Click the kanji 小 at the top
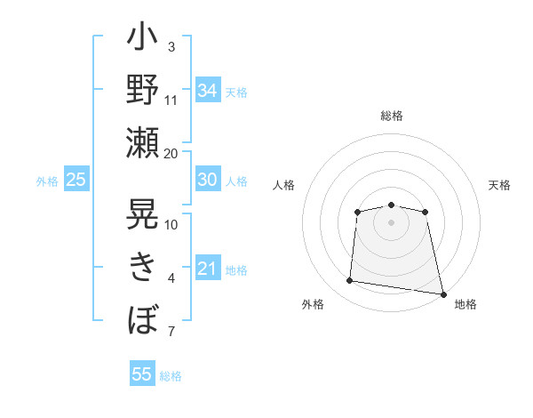(142, 36)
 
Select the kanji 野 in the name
(142, 89)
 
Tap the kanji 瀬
(142, 142)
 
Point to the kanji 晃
(142, 213)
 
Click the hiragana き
(142, 267)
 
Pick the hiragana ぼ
(143, 319)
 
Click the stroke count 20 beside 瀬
(171, 154)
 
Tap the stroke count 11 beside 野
(171, 100)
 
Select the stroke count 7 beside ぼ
(171, 331)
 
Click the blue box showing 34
(208, 90)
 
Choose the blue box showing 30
(208, 179)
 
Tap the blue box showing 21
(208, 267)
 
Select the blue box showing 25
(76, 179)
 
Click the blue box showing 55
(142, 373)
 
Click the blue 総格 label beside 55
(171, 376)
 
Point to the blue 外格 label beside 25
(47, 181)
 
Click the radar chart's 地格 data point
(443, 294)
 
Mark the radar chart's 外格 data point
(349, 280)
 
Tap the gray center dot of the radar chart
(391, 223)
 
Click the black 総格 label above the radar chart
(392, 116)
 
